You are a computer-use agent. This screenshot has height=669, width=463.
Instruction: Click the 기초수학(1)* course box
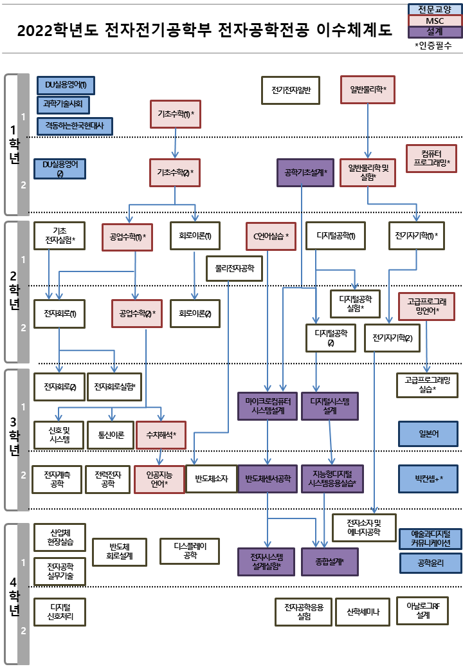176,115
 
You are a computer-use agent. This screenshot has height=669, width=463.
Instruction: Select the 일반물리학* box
367,89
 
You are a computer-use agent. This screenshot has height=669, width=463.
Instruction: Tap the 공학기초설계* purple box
305,172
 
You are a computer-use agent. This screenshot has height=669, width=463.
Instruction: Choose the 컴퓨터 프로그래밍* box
431,158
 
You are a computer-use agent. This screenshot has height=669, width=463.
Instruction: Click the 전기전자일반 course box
291,90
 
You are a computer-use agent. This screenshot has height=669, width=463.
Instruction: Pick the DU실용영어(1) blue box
66,84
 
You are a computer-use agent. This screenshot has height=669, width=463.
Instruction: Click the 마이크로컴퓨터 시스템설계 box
269,406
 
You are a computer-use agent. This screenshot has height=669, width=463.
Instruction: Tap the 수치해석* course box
161,435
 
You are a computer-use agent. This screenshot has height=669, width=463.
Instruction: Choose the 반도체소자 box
211,479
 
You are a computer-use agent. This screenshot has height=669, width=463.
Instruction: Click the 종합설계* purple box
329,562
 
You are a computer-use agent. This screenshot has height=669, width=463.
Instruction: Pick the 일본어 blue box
429,434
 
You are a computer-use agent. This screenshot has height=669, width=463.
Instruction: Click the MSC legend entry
435,21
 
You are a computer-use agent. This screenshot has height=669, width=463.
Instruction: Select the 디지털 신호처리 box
60,612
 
